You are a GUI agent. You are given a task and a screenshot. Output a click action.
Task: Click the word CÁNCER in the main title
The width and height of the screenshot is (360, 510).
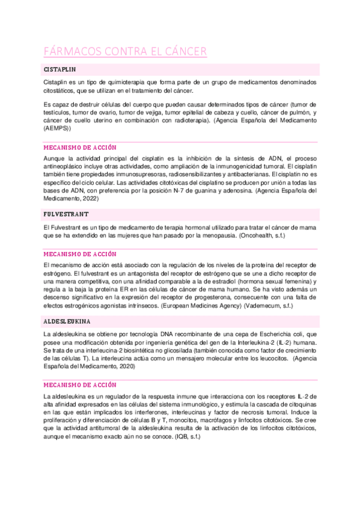click(183, 52)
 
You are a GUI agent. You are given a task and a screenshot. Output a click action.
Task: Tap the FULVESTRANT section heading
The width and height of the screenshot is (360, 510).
click(66, 214)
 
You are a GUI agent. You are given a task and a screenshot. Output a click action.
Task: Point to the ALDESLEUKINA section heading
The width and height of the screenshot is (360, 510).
click(69, 322)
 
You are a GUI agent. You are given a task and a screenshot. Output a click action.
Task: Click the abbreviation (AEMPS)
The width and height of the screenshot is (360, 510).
click(57, 128)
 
